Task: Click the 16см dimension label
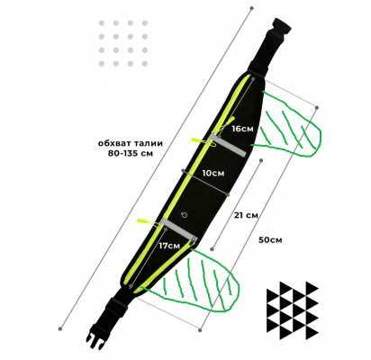pyautogui.click(x=242, y=129)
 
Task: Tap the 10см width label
pyautogui.click(x=213, y=173)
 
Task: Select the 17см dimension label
pyautogui.click(x=169, y=246)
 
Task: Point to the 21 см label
pyautogui.click(x=246, y=215)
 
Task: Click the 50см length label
pyautogui.click(x=270, y=240)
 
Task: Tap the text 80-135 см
pyautogui.click(x=131, y=153)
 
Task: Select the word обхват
pyautogui.click(x=114, y=143)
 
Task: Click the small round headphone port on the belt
pyautogui.click(x=185, y=215)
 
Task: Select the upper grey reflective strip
pyautogui.click(x=227, y=146)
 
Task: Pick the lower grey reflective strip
pyautogui.click(x=178, y=229)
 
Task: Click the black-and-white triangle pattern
pyautogui.click(x=293, y=310)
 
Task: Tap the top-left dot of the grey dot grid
pyautogui.click(x=102, y=23)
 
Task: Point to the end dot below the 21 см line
pyautogui.click(x=212, y=249)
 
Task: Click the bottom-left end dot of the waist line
pyautogui.click(x=60, y=328)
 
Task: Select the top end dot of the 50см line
pyautogui.click(x=317, y=107)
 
